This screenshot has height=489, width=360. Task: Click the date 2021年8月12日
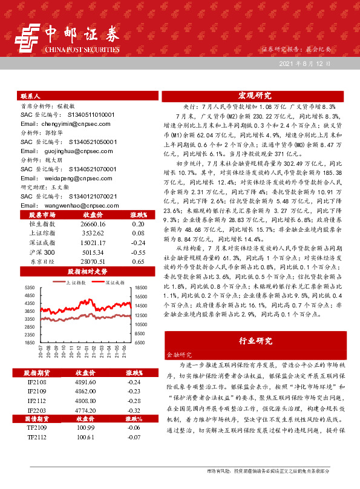click(305, 63)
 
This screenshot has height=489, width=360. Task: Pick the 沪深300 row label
click(42, 252)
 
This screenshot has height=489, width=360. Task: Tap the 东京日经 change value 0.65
click(137, 261)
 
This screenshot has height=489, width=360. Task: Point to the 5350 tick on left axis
click(29, 287)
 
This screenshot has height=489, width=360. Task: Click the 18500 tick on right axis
click(140, 287)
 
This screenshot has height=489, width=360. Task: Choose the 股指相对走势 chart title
click(87, 272)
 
